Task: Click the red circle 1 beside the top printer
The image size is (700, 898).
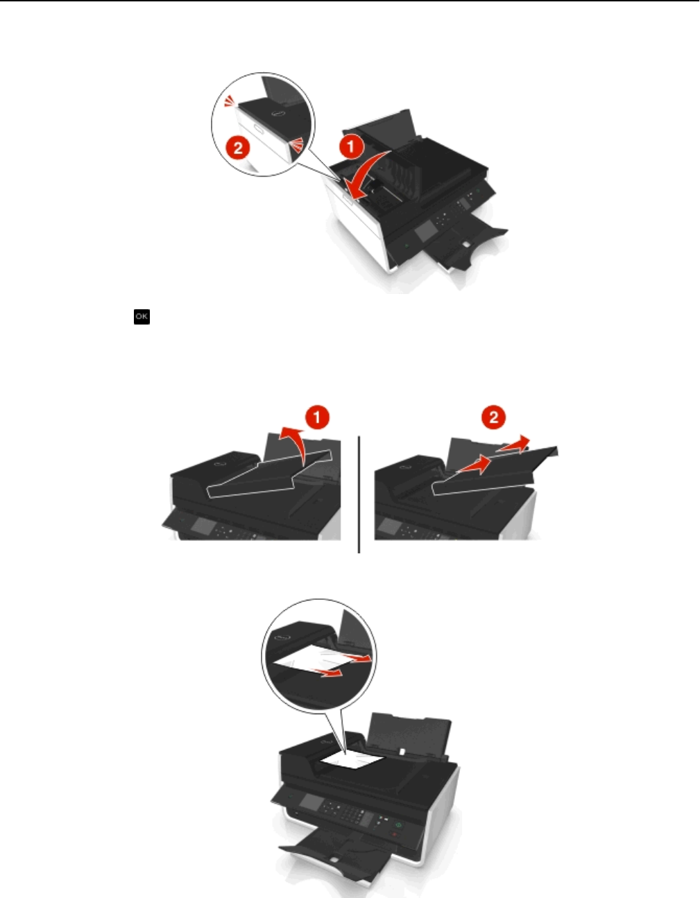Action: coord(351,147)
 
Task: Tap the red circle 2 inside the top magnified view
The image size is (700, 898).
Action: coord(238,148)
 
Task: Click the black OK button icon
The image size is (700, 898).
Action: coord(142,316)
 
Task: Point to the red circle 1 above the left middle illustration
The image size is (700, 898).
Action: coord(317,417)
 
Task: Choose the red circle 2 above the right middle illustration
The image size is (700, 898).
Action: coord(494,417)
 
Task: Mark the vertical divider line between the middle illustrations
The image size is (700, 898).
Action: coord(359,494)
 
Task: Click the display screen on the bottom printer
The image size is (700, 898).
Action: coord(311,802)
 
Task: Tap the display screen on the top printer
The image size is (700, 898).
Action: coord(425,232)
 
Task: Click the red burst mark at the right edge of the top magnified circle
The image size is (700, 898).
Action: coord(297,145)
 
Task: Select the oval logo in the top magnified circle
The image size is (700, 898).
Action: coord(278,113)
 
